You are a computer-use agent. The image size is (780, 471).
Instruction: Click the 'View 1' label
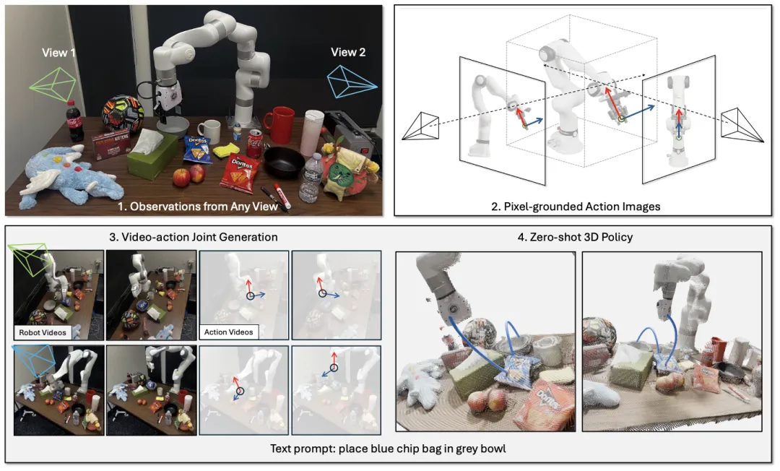point(58,53)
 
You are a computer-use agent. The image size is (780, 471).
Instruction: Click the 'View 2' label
point(348,52)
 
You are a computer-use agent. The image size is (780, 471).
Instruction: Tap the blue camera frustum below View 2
point(352,81)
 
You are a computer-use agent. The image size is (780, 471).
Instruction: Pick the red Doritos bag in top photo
point(239,172)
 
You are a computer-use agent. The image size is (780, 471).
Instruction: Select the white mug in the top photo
point(209,131)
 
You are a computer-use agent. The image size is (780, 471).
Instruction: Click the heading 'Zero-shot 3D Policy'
point(581,237)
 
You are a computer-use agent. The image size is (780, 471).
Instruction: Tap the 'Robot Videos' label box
point(41,332)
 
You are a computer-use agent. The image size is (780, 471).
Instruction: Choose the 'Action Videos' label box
point(225,332)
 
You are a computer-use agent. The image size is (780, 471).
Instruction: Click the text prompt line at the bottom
point(388,449)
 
